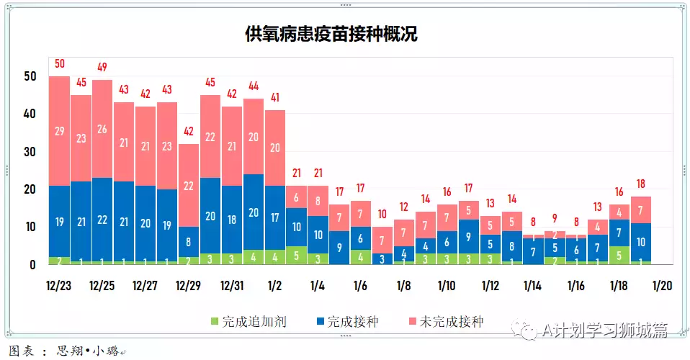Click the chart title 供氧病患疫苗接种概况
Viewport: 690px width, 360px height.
[331, 34]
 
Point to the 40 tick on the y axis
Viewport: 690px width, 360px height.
[30, 114]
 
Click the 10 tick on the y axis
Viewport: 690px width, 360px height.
[30, 228]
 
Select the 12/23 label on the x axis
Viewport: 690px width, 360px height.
[59, 286]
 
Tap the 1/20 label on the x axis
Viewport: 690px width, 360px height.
[662, 286]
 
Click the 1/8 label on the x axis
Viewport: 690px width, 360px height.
[403, 286]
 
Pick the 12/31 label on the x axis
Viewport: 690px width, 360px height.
[232, 286]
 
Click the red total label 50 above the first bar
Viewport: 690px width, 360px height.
[60, 65]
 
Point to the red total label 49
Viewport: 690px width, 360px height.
[102, 68]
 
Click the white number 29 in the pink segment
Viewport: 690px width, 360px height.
[60, 131]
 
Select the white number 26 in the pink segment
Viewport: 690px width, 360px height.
[102, 129]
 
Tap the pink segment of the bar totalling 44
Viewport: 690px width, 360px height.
[254, 137]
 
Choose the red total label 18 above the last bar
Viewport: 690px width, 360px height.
[641, 185]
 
